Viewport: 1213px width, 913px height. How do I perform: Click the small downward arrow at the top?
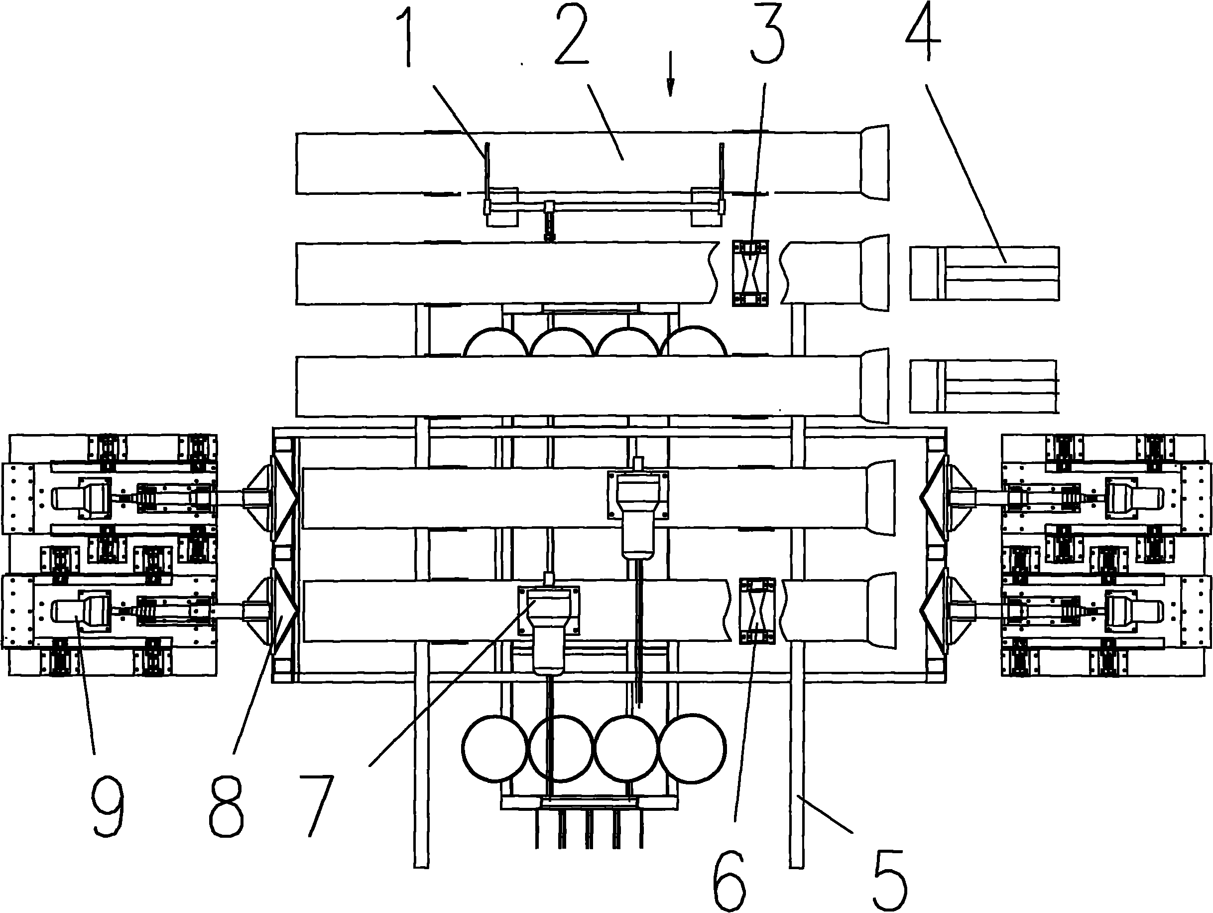click(670, 82)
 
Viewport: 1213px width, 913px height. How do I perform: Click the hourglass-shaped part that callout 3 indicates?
click(749, 273)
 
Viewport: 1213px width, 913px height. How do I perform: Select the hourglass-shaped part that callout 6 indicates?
click(757, 610)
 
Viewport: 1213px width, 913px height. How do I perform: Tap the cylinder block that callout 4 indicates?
click(984, 273)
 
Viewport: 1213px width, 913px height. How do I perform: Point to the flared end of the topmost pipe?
click(875, 162)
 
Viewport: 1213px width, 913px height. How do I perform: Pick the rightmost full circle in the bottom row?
click(692, 748)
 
